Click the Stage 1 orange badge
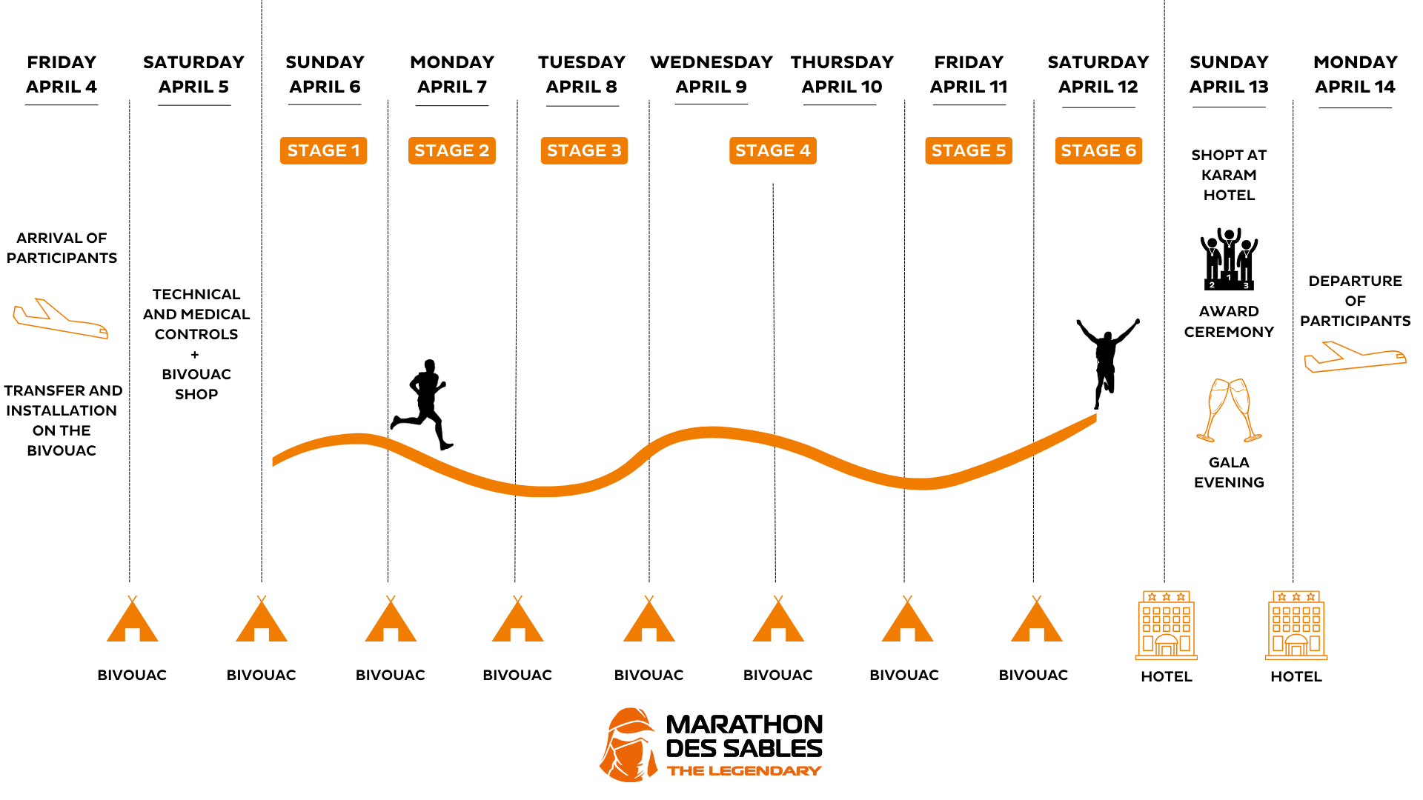(x=323, y=150)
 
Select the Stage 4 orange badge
(x=772, y=150)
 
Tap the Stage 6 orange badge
(x=1098, y=150)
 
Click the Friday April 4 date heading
(x=62, y=74)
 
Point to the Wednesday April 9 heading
(x=711, y=74)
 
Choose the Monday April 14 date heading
(x=1355, y=74)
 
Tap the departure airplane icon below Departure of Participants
(x=1355, y=356)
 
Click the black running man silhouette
(x=423, y=404)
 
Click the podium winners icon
(x=1229, y=259)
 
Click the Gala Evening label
(x=1229, y=473)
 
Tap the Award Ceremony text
(x=1229, y=321)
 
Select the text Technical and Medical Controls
(x=196, y=314)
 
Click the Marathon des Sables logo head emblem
(x=628, y=745)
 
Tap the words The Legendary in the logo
(x=743, y=771)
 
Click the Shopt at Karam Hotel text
(x=1229, y=175)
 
